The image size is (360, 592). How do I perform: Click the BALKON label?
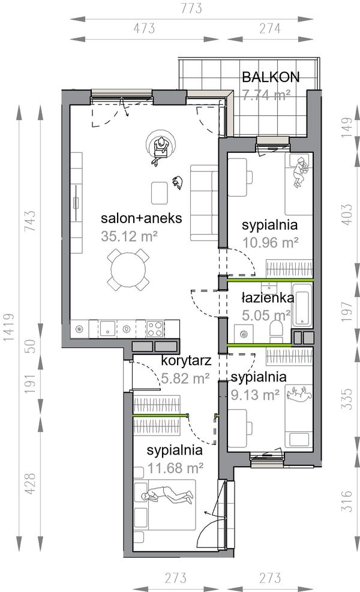click(x=271, y=77)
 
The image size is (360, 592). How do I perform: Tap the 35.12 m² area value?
click(x=129, y=236)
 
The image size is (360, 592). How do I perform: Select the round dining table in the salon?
click(x=128, y=269)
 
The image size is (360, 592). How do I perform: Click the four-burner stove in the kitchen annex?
click(x=155, y=328)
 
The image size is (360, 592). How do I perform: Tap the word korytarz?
click(x=186, y=360)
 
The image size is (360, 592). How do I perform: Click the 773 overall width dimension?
click(x=191, y=8)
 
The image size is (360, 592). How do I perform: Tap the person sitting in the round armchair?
click(x=161, y=151)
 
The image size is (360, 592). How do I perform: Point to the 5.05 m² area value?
click(x=266, y=315)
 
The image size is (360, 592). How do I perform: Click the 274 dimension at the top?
click(x=270, y=28)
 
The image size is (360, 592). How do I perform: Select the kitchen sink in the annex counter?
click(x=108, y=328)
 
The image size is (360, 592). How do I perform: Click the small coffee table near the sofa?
click(x=160, y=193)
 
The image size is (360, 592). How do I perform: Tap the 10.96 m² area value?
click(x=271, y=242)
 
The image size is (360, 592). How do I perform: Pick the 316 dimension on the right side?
click(x=346, y=501)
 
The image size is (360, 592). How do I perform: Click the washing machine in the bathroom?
click(x=243, y=334)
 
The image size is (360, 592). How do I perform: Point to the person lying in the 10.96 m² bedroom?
click(x=301, y=171)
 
